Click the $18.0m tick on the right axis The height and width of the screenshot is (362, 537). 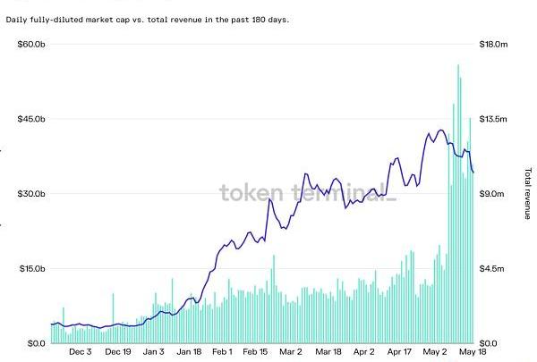(x=495, y=44)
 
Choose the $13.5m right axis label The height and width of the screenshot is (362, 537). (x=495, y=119)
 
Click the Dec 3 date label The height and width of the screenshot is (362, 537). (x=80, y=352)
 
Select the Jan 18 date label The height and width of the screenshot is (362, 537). (x=189, y=352)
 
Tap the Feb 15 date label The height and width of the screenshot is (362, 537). (x=255, y=352)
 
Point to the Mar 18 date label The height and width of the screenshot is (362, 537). (x=328, y=352)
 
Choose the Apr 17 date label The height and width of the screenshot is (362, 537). (x=399, y=352)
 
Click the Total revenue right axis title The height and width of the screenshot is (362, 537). (x=527, y=194)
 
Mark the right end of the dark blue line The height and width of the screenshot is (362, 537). (x=473, y=173)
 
